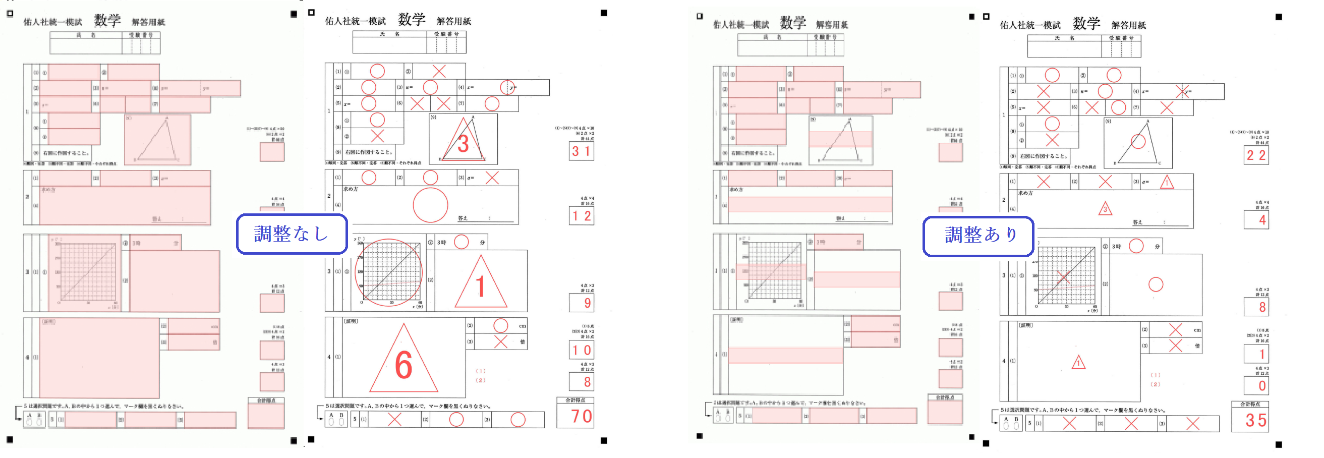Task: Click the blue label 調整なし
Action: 292,234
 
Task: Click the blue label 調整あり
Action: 978,236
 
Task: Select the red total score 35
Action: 1255,420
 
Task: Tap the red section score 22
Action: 1255,155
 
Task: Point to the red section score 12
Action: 582,216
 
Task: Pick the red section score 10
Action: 582,351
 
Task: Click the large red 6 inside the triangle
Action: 404,365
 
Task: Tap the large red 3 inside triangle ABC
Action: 463,144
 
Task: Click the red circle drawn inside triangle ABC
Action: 1138,142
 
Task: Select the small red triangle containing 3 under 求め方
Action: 1105,209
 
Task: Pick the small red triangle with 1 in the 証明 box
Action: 1078,362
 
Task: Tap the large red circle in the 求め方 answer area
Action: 430,205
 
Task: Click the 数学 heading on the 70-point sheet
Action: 411,20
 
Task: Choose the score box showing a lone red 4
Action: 1256,220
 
